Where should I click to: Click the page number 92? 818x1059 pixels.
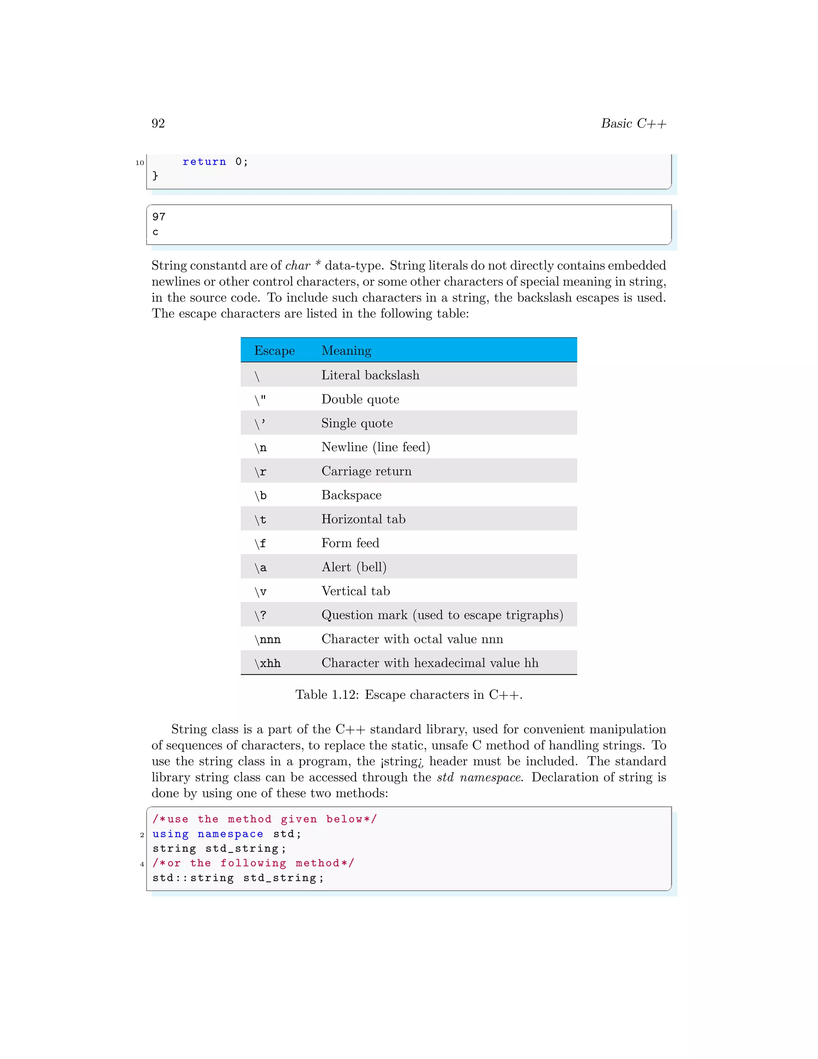158,123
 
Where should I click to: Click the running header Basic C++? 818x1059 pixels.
633,123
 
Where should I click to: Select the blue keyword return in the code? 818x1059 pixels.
204,162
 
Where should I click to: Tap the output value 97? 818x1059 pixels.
159,217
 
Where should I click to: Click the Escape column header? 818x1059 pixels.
274,350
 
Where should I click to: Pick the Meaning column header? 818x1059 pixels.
346,350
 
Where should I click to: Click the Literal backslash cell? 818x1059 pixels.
370,375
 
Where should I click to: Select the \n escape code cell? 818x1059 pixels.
261,448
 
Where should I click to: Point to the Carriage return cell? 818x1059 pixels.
366,471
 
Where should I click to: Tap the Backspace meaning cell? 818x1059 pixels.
351,495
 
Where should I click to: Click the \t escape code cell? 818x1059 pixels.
261,520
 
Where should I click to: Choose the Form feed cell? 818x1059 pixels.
350,543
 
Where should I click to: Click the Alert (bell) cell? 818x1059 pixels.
354,567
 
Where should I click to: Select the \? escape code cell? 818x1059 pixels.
261,615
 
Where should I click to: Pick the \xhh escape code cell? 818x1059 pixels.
268,663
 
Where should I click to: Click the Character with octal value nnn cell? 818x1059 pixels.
412,639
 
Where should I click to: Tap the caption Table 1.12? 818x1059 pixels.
409,695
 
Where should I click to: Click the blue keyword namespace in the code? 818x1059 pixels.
230,834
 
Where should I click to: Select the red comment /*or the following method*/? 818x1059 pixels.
253,863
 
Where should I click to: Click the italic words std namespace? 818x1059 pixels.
479,777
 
